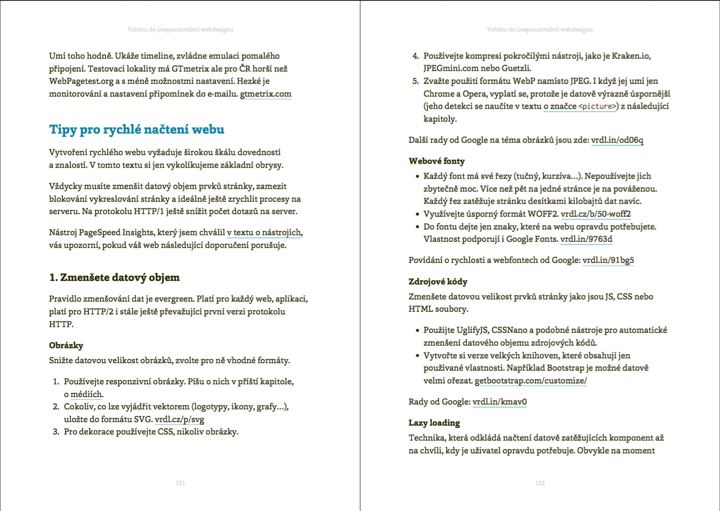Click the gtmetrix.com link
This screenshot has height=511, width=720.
tap(265, 94)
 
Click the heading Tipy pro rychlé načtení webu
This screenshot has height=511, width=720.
tap(137, 129)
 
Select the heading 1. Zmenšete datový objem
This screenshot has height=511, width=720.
tap(114, 277)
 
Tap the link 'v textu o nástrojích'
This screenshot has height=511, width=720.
tap(264, 232)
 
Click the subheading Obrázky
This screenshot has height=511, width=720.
tap(66, 345)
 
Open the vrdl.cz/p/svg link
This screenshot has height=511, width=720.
tap(179, 419)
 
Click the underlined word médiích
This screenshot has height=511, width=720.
tap(87, 394)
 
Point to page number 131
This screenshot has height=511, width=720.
tap(180, 483)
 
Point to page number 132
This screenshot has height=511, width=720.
tap(540, 483)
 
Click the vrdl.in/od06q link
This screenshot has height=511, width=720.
tap(617, 140)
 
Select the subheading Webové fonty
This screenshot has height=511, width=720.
tap(436, 161)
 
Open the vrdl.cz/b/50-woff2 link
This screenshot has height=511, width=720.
tap(596, 214)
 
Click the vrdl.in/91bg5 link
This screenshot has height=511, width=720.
tap(608, 260)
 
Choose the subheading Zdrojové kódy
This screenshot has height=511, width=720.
tap(438, 281)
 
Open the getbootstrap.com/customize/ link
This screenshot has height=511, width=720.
tap(531, 380)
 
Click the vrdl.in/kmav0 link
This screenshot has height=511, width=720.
tap(499, 401)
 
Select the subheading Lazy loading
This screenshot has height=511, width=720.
tap(434, 423)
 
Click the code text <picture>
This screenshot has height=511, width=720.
tap(597, 106)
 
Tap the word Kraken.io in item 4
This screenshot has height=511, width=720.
tap(630, 56)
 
